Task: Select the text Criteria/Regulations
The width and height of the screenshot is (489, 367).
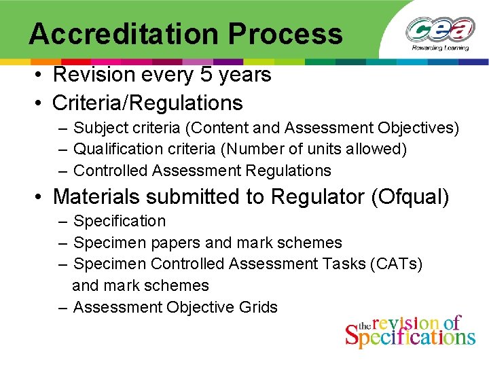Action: tap(147, 103)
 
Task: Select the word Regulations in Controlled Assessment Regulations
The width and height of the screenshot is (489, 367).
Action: tap(289, 171)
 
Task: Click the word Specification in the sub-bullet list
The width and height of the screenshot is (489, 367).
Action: tap(120, 221)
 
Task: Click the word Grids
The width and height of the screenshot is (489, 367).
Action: tap(259, 307)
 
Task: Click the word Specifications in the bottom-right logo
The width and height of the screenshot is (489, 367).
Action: tap(410, 336)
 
